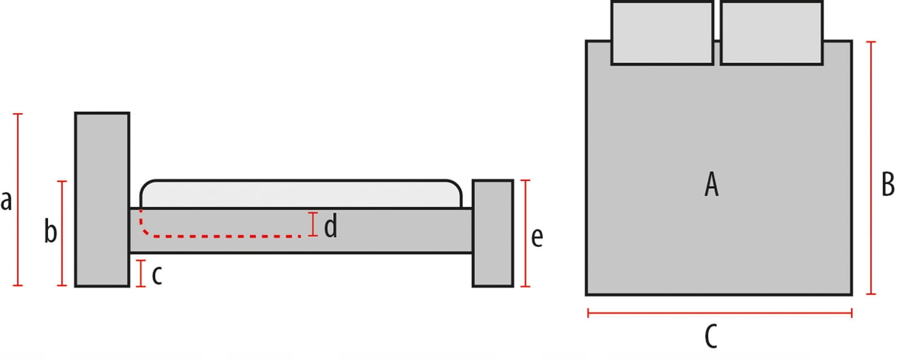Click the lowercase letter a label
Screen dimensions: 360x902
click(x=6, y=201)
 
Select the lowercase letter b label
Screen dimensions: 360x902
click(x=51, y=231)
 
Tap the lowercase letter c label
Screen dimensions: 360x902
click(x=156, y=275)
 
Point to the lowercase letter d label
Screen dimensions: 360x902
click(x=330, y=227)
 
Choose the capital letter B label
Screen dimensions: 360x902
click(x=888, y=184)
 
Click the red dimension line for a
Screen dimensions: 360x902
click(x=18, y=199)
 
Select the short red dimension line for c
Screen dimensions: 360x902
click(x=141, y=273)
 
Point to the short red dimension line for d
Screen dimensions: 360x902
click(x=312, y=224)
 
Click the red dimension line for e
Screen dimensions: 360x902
click(x=526, y=233)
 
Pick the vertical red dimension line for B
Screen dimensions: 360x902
click(x=871, y=168)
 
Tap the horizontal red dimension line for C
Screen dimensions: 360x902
click(x=720, y=313)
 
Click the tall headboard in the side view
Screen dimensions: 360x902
click(x=102, y=199)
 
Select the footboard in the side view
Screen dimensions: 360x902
click(x=492, y=233)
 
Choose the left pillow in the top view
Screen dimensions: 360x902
click(x=662, y=32)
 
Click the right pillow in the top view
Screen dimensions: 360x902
click(x=772, y=32)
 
